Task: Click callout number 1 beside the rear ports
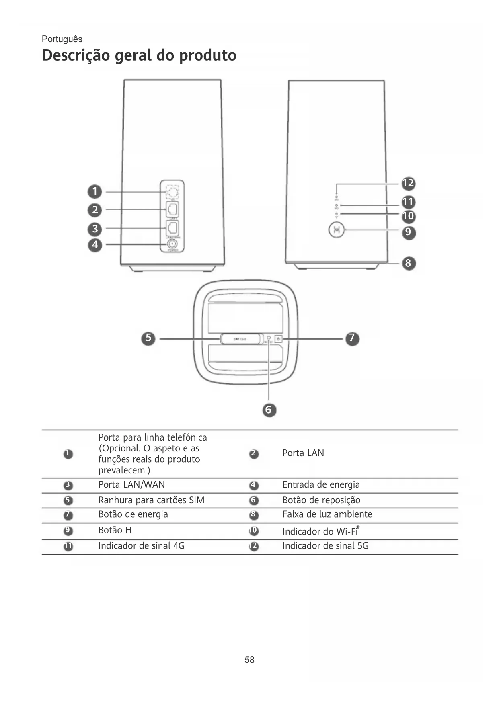[95, 191]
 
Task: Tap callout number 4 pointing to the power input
[95, 244]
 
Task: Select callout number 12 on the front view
[408, 184]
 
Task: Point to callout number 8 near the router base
[408, 263]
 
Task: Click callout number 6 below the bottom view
[269, 410]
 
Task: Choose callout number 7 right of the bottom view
[352, 338]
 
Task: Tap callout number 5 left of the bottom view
[148, 338]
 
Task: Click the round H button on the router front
[337, 230]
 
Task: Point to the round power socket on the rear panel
[172, 244]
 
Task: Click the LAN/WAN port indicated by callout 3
[172, 227]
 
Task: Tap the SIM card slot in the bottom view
[240, 339]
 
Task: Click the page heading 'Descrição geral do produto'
[139, 55]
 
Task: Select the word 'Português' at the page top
[62, 39]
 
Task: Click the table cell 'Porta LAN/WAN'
[131, 485]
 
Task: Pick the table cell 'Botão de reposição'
[321, 500]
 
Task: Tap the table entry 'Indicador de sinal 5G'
[325, 546]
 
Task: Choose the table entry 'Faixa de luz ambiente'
[327, 514]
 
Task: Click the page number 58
[249, 660]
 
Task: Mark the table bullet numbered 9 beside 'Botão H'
[68, 531]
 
